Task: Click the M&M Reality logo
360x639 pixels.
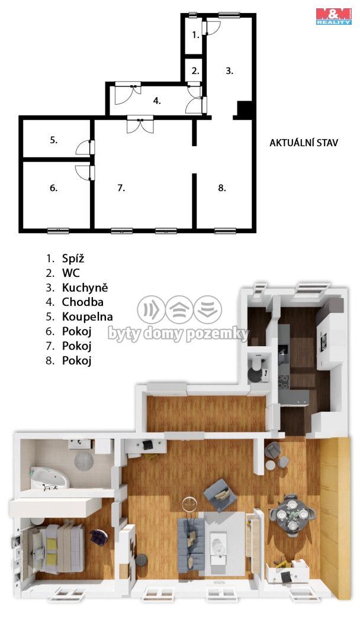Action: [333, 17]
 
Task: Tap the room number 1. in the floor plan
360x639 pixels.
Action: [196, 35]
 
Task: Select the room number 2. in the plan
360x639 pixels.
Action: [196, 70]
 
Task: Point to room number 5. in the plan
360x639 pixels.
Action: [54, 140]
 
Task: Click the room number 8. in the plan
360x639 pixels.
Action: [222, 188]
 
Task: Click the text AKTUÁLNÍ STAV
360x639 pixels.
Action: [304, 143]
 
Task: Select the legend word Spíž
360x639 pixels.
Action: [73, 259]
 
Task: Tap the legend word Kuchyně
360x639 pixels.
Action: [85, 288]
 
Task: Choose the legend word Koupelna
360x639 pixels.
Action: [87, 317]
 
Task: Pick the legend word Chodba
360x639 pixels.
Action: [82, 302]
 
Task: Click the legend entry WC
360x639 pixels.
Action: [71, 273]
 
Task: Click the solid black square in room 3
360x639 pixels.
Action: [245, 109]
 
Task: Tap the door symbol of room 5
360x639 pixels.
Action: [85, 147]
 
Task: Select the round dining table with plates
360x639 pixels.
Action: [292, 514]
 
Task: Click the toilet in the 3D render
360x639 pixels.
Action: [256, 362]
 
